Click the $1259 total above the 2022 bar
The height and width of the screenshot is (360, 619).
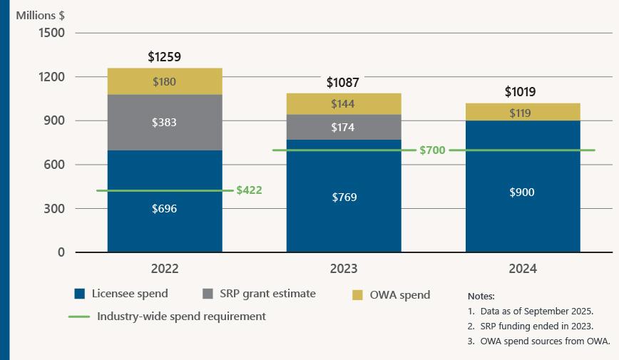(164, 56)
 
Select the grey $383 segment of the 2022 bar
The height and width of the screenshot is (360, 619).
(164, 123)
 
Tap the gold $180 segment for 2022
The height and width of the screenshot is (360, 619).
(164, 82)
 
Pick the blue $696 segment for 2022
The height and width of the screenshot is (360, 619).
(164, 209)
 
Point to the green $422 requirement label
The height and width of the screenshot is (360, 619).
(249, 190)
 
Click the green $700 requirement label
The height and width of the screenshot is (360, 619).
(433, 150)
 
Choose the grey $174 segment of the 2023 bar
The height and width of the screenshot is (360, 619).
(343, 128)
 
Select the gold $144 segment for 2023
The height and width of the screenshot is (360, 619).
(343, 104)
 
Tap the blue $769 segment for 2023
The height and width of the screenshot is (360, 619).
(343, 197)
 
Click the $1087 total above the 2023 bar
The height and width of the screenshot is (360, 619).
(343, 83)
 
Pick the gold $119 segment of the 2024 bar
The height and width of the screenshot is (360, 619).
(522, 113)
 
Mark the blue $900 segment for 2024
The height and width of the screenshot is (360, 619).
(522, 192)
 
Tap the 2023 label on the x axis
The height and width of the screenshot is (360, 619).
(343, 269)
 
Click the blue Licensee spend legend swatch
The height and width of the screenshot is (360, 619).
(80, 294)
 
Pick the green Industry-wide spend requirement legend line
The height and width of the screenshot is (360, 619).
(79, 316)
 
